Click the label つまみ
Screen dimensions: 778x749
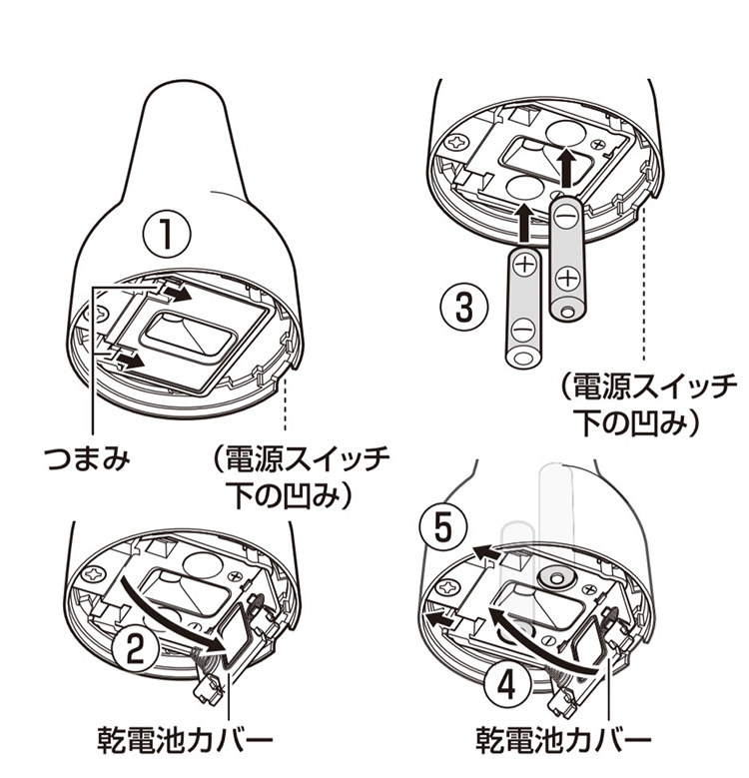[91, 459]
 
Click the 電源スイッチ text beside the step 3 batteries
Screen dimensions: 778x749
[652, 383]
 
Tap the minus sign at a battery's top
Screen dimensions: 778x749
[565, 214]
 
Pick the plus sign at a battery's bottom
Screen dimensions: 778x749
[566, 277]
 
